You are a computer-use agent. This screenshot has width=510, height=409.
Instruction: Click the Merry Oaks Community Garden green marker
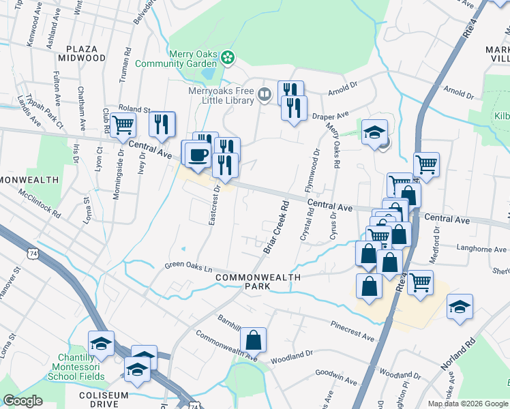228,59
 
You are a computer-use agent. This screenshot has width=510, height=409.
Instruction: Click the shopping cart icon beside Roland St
123,125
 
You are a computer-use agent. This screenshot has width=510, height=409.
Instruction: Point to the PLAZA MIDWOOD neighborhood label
86,54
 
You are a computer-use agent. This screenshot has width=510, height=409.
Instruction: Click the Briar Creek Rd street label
277,227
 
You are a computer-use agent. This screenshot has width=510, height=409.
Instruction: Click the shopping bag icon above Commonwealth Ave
253,339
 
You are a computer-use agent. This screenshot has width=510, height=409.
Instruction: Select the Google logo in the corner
22,401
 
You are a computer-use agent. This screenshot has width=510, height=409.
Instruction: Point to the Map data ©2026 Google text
468,404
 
